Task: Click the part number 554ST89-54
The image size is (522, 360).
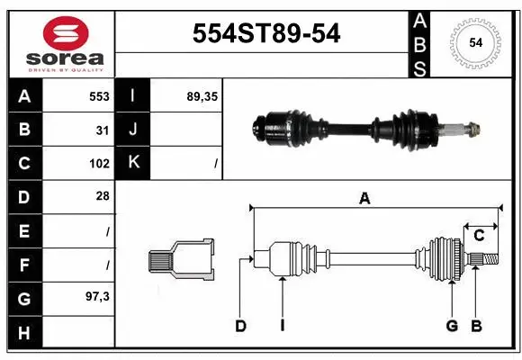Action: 267,34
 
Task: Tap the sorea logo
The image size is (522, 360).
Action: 66,42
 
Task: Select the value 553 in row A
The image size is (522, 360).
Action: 99,96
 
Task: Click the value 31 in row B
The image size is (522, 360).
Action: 103,130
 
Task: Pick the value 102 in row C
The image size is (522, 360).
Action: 99,164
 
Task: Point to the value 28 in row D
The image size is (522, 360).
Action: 103,196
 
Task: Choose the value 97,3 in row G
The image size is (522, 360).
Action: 97,296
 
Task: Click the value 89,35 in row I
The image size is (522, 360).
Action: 201,96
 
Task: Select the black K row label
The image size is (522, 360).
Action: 134,163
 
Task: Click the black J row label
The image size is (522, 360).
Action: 134,130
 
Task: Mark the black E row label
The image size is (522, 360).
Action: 23,230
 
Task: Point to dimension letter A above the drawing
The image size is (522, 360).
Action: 364,199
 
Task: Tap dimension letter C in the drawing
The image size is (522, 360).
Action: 480,236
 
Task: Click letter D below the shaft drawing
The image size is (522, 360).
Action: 240,326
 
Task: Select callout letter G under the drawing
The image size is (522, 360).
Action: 452,326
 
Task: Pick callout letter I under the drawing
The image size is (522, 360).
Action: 282,326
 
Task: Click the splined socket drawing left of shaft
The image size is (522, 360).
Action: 183,260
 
